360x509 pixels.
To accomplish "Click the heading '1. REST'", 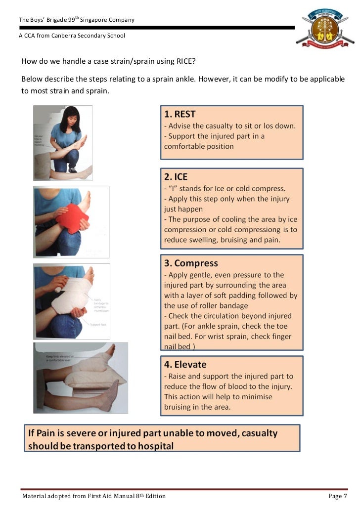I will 180,114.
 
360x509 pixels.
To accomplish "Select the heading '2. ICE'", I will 176,177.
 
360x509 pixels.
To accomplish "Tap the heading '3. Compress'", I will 190,263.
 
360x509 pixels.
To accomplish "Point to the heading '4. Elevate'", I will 185,364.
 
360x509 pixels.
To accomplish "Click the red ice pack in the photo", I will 72,217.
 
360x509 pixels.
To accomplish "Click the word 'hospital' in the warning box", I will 150,446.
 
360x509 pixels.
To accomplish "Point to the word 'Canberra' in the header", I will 62,36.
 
